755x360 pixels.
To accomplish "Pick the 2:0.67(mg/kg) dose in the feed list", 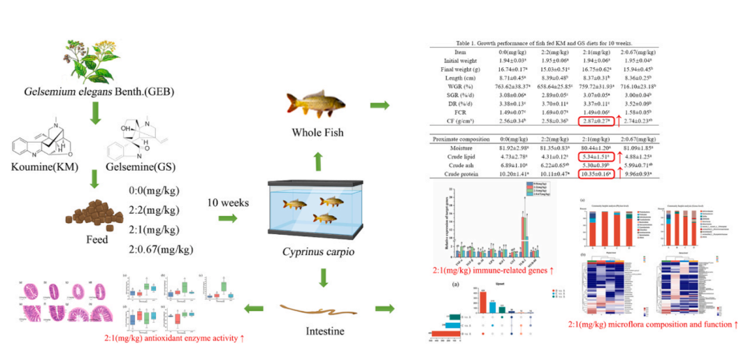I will pos(160,248).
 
